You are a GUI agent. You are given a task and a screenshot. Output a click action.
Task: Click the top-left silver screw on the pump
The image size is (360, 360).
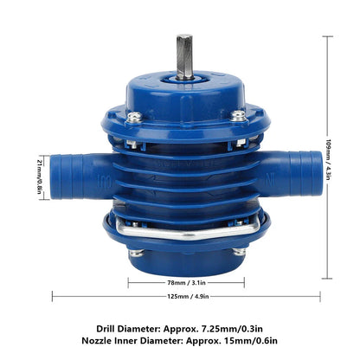tap(132, 116)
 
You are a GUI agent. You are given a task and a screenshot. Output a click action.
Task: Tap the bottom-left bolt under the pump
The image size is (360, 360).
tap(137, 253)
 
